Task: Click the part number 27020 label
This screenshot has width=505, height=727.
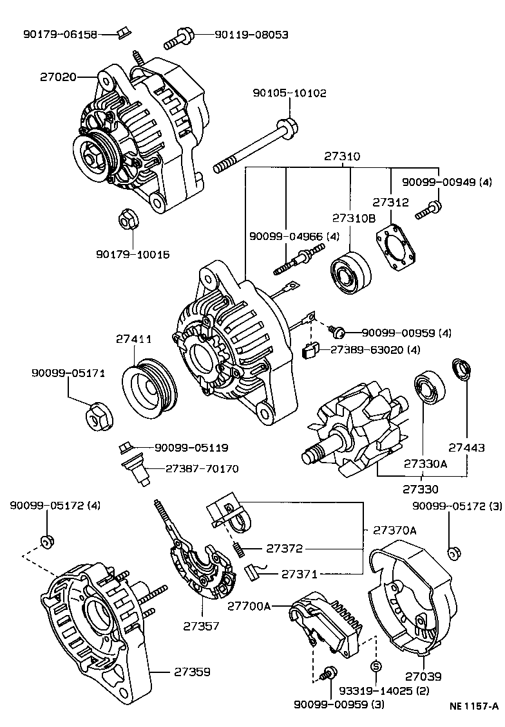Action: (x=58, y=77)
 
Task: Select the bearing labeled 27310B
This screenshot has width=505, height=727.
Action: (x=350, y=273)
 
